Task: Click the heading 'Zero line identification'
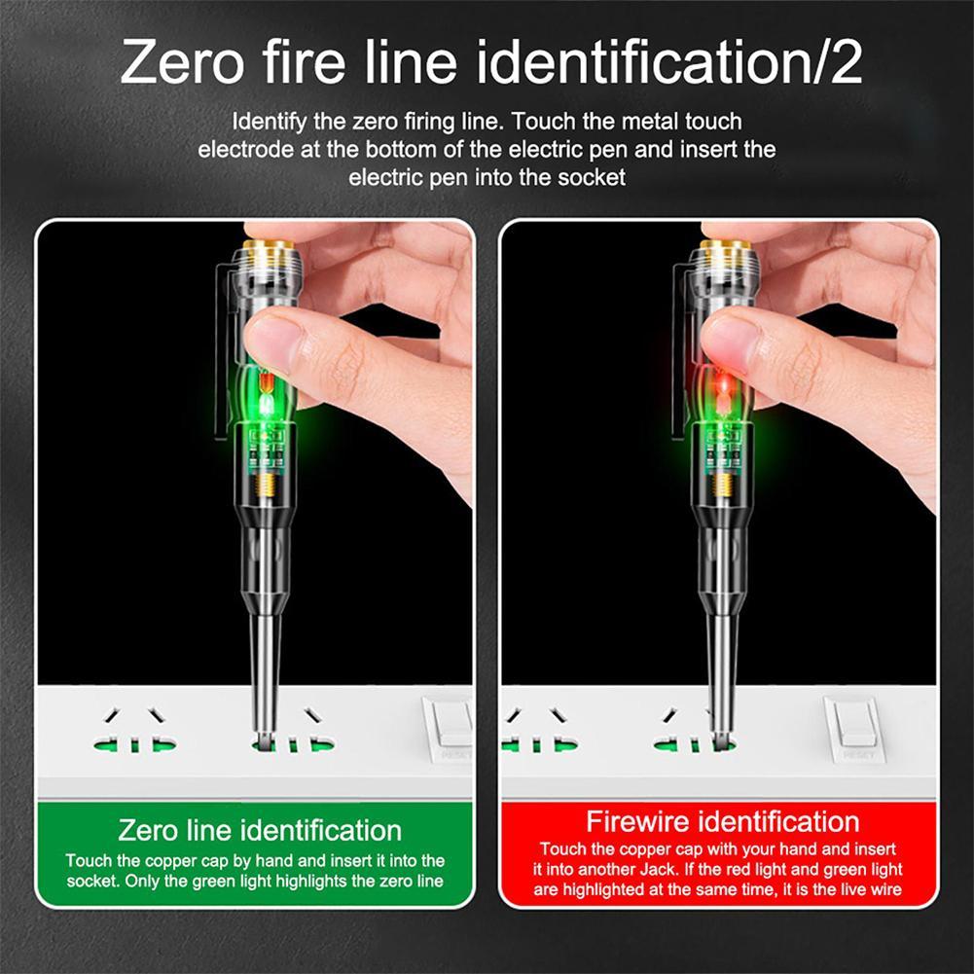(x=260, y=830)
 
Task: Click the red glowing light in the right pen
(x=721, y=389)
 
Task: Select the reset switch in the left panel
(x=451, y=725)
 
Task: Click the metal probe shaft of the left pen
(x=265, y=671)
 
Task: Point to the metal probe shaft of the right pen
(x=721, y=671)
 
